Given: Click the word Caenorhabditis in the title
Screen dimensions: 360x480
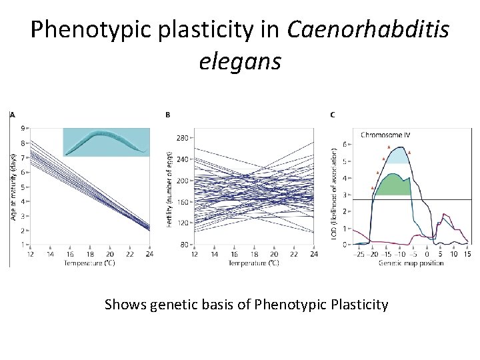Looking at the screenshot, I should [x=368, y=29].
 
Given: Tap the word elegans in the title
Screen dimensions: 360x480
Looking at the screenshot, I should [x=240, y=61].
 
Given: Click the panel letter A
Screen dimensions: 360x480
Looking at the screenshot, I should [x=12, y=115].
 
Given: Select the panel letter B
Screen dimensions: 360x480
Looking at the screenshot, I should [x=167, y=115].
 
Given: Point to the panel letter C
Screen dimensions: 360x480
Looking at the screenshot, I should [x=333, y=115].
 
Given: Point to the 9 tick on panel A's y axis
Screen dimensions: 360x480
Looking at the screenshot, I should [x=23, y=128].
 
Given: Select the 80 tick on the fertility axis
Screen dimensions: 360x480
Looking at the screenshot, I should [x=183, y=245].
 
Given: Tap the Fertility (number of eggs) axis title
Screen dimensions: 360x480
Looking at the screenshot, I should [x=170, y=188].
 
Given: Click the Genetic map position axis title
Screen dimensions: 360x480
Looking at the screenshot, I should [x=411, y=263].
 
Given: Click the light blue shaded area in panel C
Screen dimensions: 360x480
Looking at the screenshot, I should [x=398, y=157].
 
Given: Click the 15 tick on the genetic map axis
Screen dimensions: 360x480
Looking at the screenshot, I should [x=467, y=255].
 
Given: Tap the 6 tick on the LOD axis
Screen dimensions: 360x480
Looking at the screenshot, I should [x=344, y=145].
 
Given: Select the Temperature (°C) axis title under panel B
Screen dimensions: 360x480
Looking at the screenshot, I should [x=254, y=263].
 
